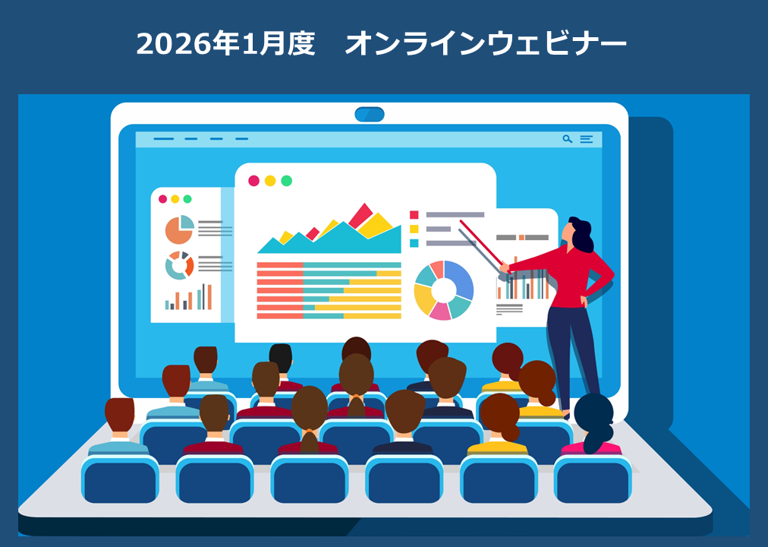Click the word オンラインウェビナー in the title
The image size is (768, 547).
pos(486,44)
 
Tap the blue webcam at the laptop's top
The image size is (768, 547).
pos(370,114)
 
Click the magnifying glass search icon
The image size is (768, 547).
pos(567,139)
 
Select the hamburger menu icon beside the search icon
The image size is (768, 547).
pos(587,139)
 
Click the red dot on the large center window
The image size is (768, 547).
pos(253,181)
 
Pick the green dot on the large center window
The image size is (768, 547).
pos(286,181)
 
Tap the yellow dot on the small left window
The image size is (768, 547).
pos(175,199)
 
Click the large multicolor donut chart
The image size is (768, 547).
pos(443,290)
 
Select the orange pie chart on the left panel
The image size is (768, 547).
pos(179,229)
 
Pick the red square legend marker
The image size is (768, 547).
pos(414,215)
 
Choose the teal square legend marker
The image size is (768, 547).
pos(414,243)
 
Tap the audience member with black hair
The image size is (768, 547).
pos(281,358)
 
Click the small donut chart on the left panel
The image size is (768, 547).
pos(179,265)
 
